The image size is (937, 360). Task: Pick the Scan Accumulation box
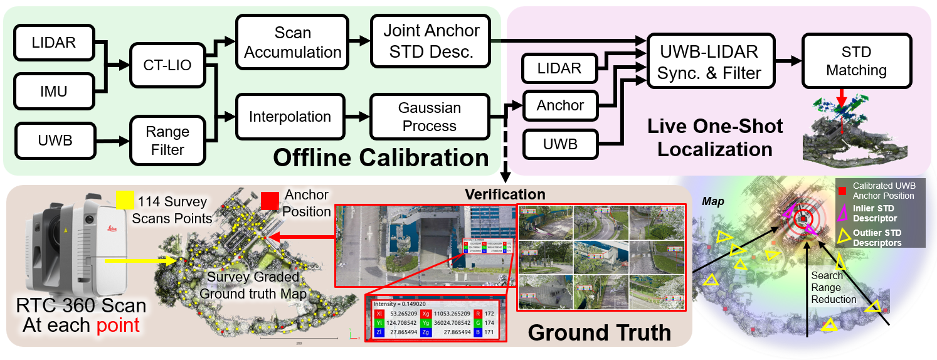click(292, 42)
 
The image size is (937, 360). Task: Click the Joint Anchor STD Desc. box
click(431, 41)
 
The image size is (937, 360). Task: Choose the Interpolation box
click(290, 117)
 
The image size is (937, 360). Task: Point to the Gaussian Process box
click(430, 117)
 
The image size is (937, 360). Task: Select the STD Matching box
click(856, 60)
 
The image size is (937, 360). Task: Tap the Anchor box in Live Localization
click(560, 106)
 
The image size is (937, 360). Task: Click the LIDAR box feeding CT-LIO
click(53, 43)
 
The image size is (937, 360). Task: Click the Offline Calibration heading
click(381, 157)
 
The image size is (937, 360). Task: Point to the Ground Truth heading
click(599, 332)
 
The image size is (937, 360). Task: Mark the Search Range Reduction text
click(834, 287)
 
